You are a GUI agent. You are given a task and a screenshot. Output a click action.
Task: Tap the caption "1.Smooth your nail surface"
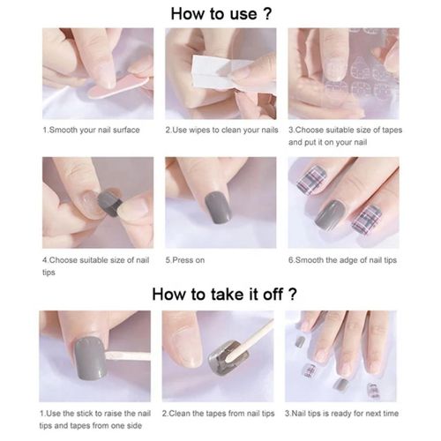point(91,130)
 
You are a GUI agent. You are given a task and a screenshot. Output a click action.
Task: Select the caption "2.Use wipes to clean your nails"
point(220,130)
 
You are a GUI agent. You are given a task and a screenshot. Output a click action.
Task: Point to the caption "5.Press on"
point(185,260)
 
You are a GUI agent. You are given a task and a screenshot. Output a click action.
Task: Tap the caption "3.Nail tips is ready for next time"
point(342,413)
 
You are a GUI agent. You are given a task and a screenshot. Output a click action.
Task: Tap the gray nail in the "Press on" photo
point(212,210)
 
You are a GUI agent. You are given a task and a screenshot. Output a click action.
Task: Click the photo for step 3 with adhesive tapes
point(343,75)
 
